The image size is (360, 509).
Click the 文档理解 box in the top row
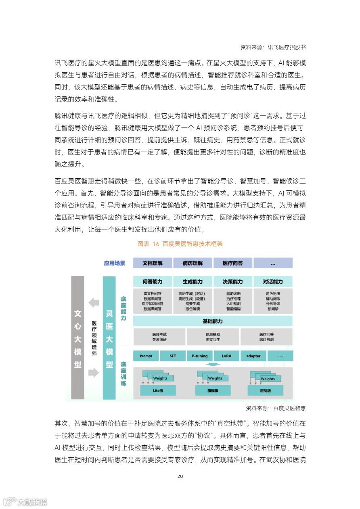[153, 263]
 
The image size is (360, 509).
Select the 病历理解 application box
[192, 263]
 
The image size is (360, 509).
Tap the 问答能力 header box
[153, 282]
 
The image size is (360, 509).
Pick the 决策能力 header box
[232, 282]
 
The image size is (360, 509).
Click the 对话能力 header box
[273, 282]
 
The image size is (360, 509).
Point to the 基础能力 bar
[213, 321]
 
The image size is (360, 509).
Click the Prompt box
[146, 356]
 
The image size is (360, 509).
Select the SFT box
[173, 356]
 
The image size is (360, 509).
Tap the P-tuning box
[199, 356]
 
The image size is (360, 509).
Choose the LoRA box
[226, 356]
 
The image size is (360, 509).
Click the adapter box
[253, 356]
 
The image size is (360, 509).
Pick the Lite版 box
[158, 390]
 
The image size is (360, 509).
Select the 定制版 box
[265, 390]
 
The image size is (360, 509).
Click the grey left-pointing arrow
[94, 302]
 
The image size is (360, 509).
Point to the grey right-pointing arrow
[94, 373]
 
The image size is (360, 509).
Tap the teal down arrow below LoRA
[213, 365]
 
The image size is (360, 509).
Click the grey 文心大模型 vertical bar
[77, 338]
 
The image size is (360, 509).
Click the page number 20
[180, 476]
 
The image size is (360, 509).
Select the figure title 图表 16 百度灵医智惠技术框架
[180, 244]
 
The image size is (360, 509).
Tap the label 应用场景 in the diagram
[115, 263]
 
